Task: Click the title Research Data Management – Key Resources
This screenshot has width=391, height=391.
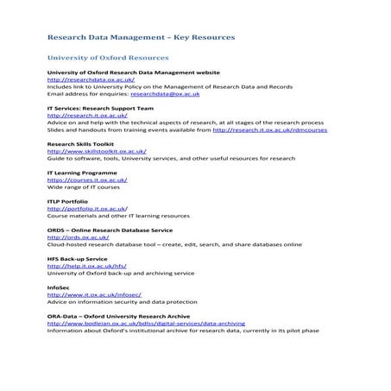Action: point(140,39)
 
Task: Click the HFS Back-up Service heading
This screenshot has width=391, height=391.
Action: point(78,258)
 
